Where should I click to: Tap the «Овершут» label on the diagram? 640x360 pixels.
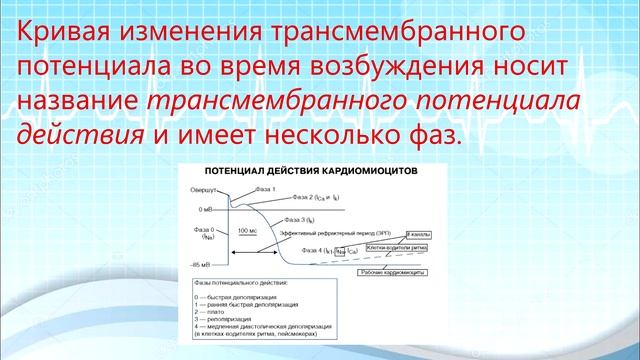200,189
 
